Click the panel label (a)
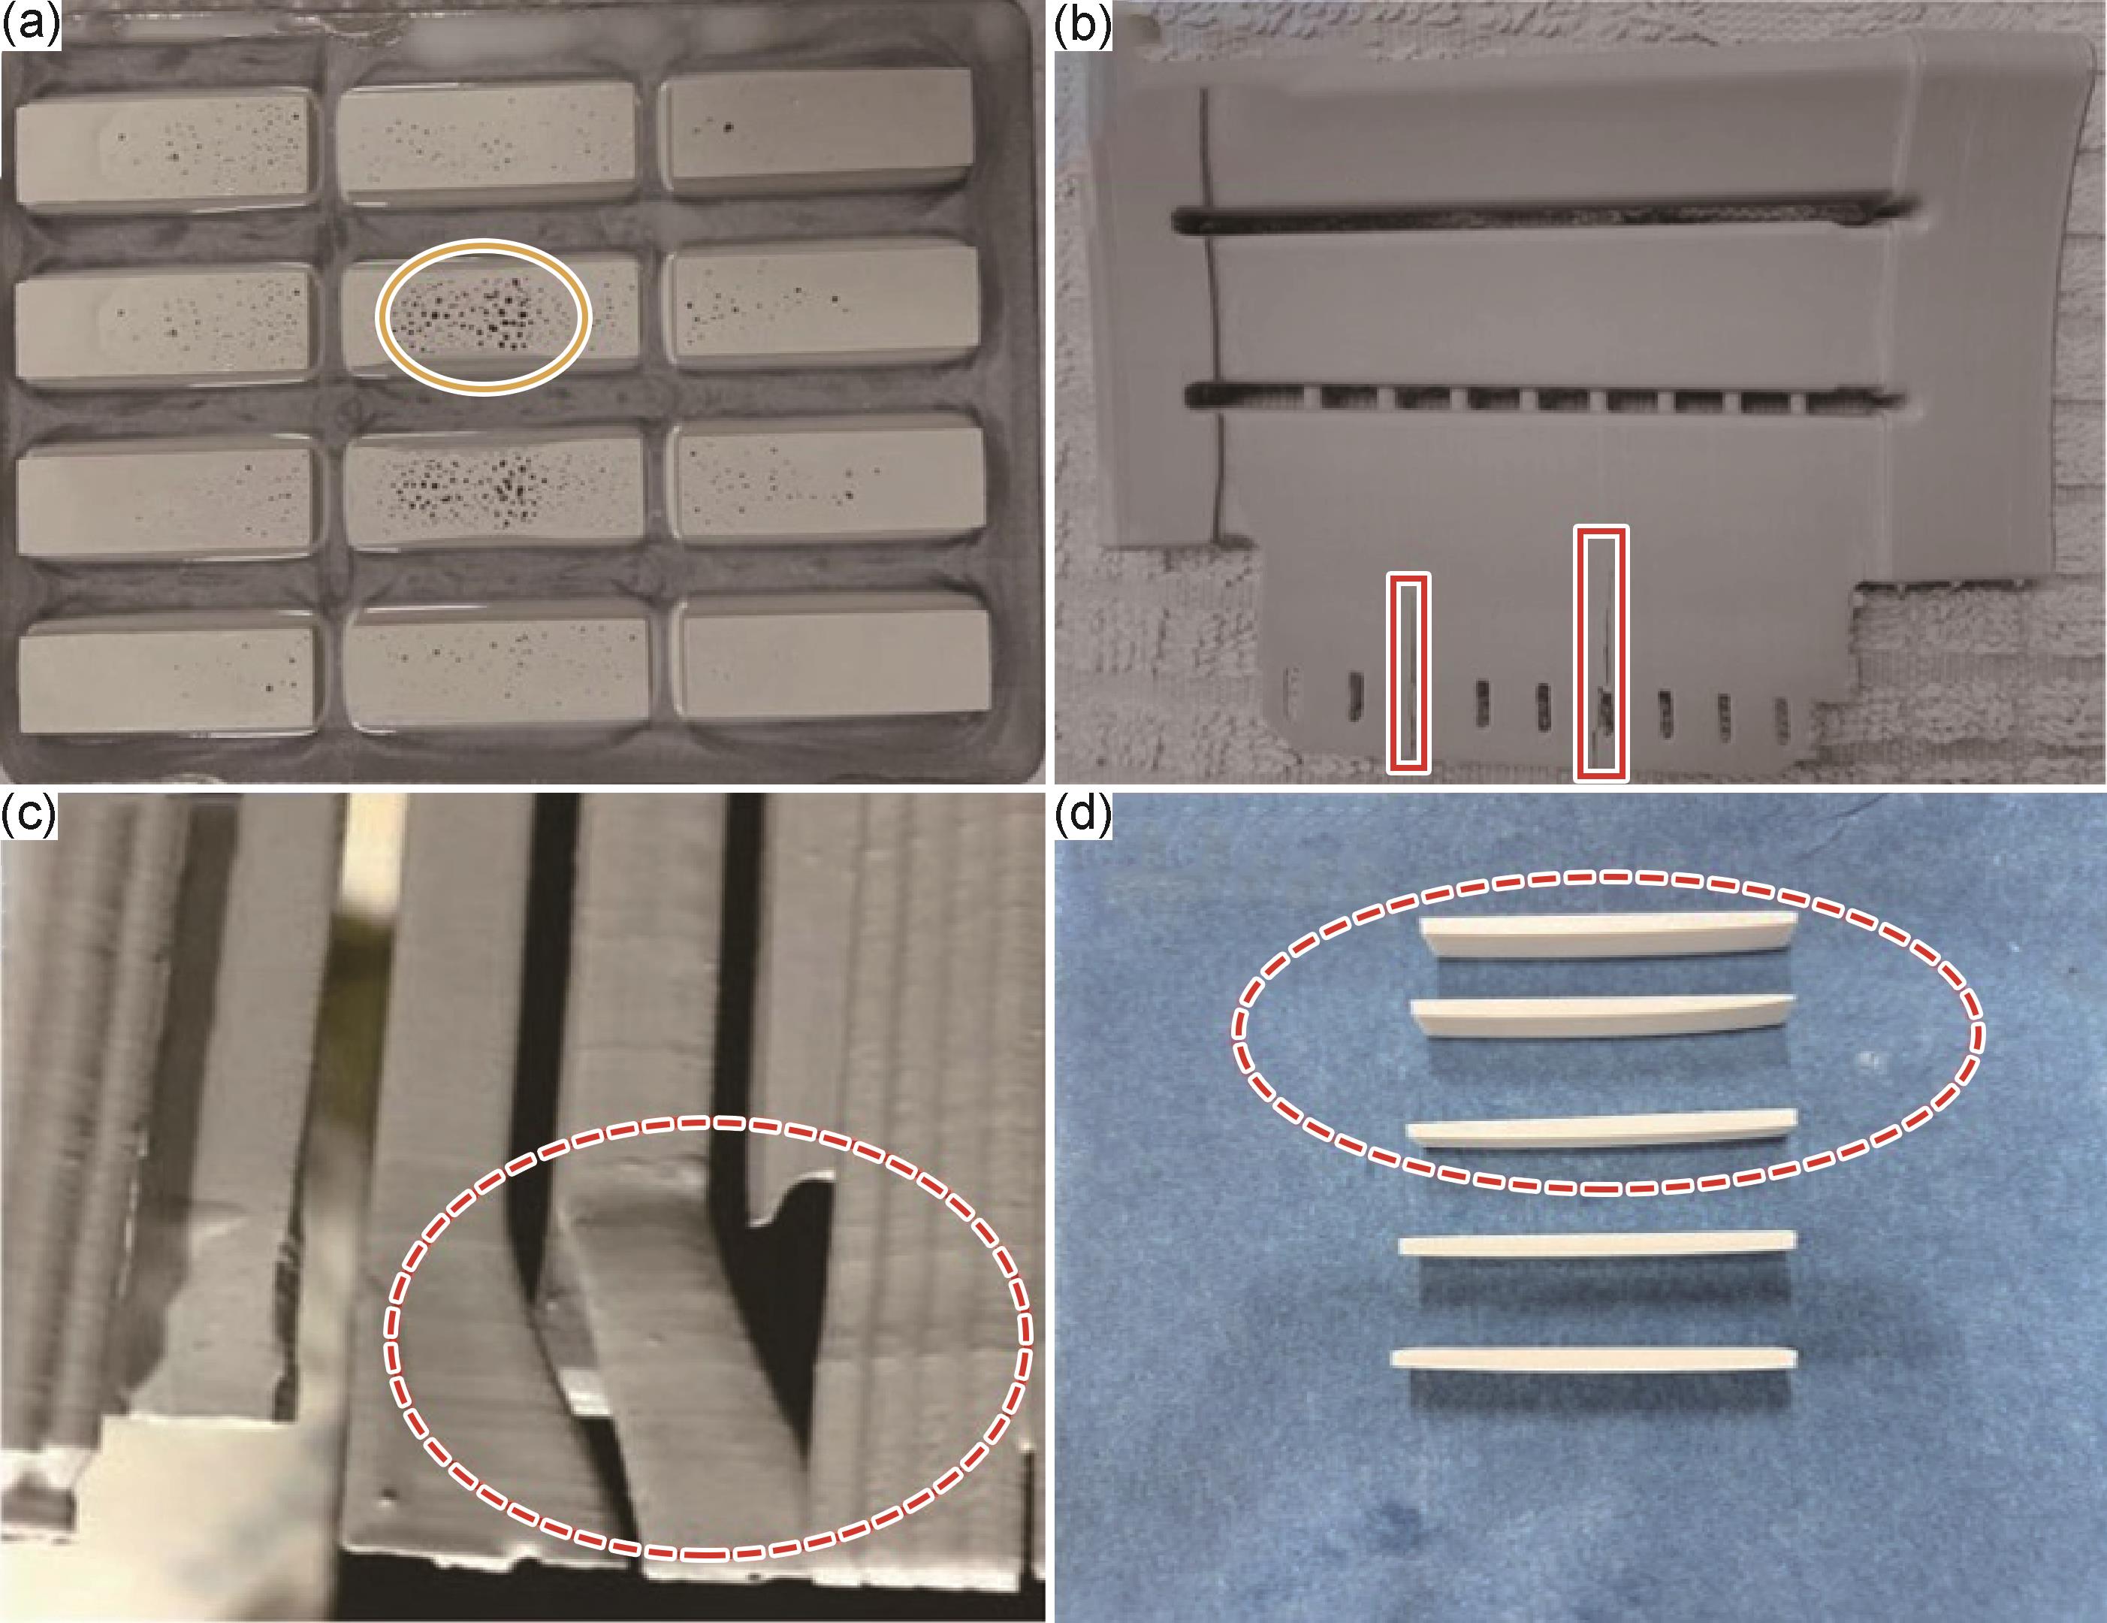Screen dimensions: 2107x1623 (31, 23)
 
